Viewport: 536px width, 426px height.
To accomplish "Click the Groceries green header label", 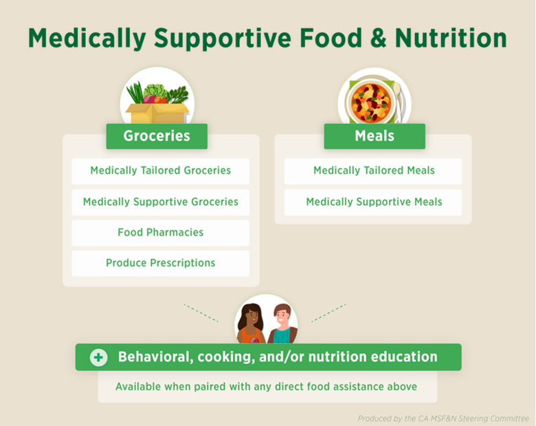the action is coord(157,136).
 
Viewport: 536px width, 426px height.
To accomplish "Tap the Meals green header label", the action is coord(375,136).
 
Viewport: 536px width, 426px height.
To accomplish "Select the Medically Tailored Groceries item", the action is coord(161,171).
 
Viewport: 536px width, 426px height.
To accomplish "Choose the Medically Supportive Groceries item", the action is coord(161,202).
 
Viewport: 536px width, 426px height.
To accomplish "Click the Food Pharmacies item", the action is coord(161,233).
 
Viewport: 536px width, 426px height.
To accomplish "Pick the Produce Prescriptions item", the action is coord(161,264).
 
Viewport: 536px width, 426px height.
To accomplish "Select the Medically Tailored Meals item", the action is coord(373,171).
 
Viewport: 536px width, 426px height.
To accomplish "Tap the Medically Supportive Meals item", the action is coord(373,202).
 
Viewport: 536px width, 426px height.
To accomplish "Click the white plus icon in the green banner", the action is coord(98,357).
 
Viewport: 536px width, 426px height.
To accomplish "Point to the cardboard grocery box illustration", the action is coord(157,113).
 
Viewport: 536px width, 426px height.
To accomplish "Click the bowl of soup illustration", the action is coord(370,102).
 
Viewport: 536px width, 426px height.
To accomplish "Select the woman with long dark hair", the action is coord(252,323).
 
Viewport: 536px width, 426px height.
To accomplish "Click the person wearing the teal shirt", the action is coord(282,325).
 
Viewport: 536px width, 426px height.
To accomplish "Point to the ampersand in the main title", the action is coord(378,38).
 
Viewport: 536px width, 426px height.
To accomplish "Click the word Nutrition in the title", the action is coord(451,38).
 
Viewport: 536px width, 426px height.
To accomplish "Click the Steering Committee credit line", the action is coord(443,418).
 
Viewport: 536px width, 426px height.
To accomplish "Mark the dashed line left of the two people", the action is coord(201,313).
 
